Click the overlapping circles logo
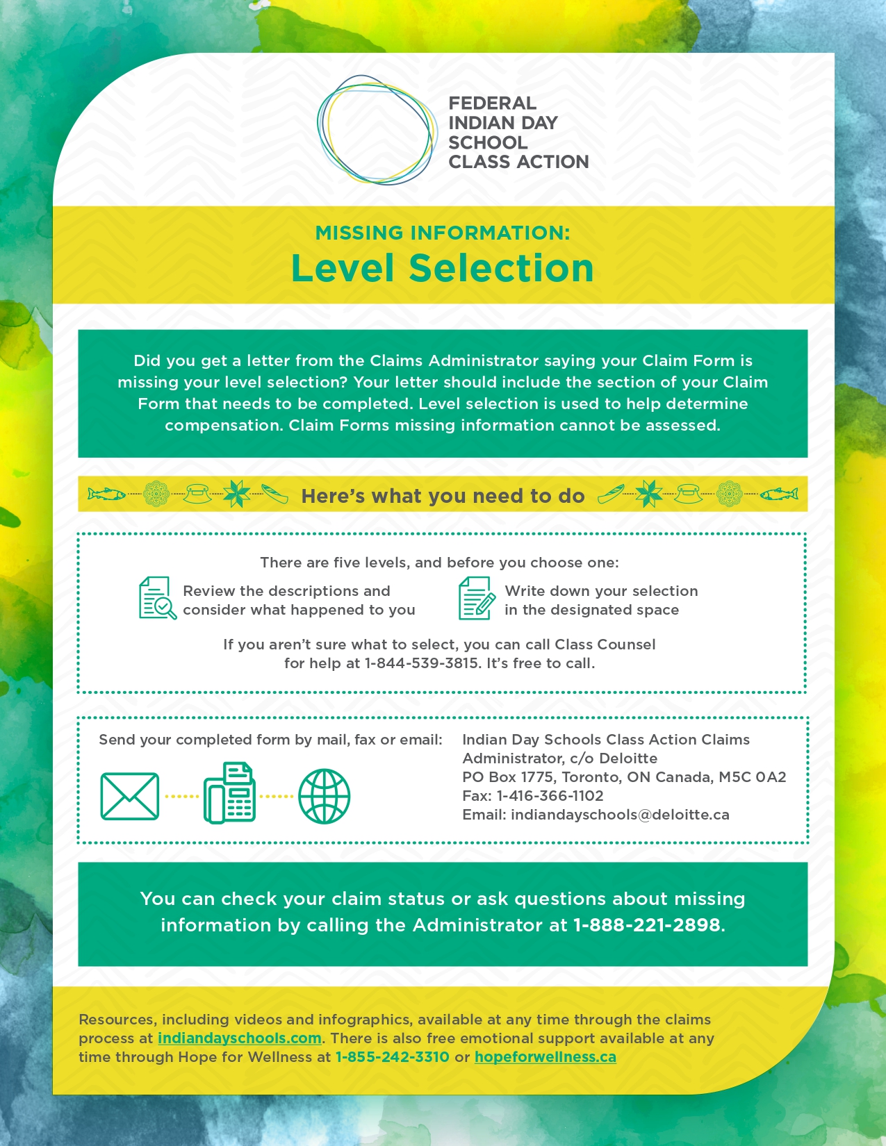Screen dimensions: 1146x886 (376, 130)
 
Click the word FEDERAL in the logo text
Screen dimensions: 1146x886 (492, 103)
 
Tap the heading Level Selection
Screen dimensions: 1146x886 (442, 269)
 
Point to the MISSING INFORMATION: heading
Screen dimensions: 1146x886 (442, 233)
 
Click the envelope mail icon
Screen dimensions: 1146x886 (130, 796)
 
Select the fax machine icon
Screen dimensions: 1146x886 (229, 794)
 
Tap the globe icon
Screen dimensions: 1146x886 (324, 796)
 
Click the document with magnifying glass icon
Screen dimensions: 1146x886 (157, 598)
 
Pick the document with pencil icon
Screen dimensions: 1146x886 (476, 598)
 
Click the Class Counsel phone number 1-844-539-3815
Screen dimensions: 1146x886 (421, 663)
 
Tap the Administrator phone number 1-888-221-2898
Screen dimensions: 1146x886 (646, 925)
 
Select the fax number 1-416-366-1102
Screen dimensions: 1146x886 (550, 796)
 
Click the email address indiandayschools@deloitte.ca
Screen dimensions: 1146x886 (620, 815)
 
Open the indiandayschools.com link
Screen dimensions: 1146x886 (239, 1038)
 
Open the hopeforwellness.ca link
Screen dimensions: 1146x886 (545, 1057)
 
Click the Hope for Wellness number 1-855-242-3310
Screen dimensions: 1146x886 (392, 1057)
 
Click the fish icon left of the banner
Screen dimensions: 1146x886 (106, 495)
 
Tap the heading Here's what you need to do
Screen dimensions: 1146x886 (443, 496)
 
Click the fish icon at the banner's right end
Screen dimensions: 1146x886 (779, 495)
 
